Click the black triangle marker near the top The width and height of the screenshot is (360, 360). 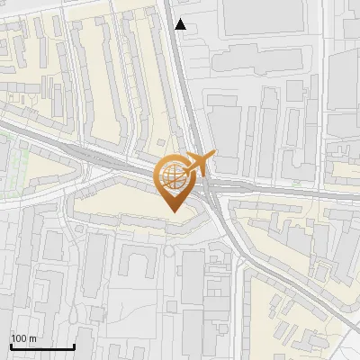tap(181, 24)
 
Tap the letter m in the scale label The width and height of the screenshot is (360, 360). tap(33, 338)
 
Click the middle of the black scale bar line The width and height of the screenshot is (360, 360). tap(42, 346)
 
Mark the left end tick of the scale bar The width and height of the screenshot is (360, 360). tap(11, 346)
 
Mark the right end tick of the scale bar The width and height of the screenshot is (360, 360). tap(74, 346)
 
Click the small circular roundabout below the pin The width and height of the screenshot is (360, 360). tap(168, 251)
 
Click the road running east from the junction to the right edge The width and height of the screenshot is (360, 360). tap(297, 192)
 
